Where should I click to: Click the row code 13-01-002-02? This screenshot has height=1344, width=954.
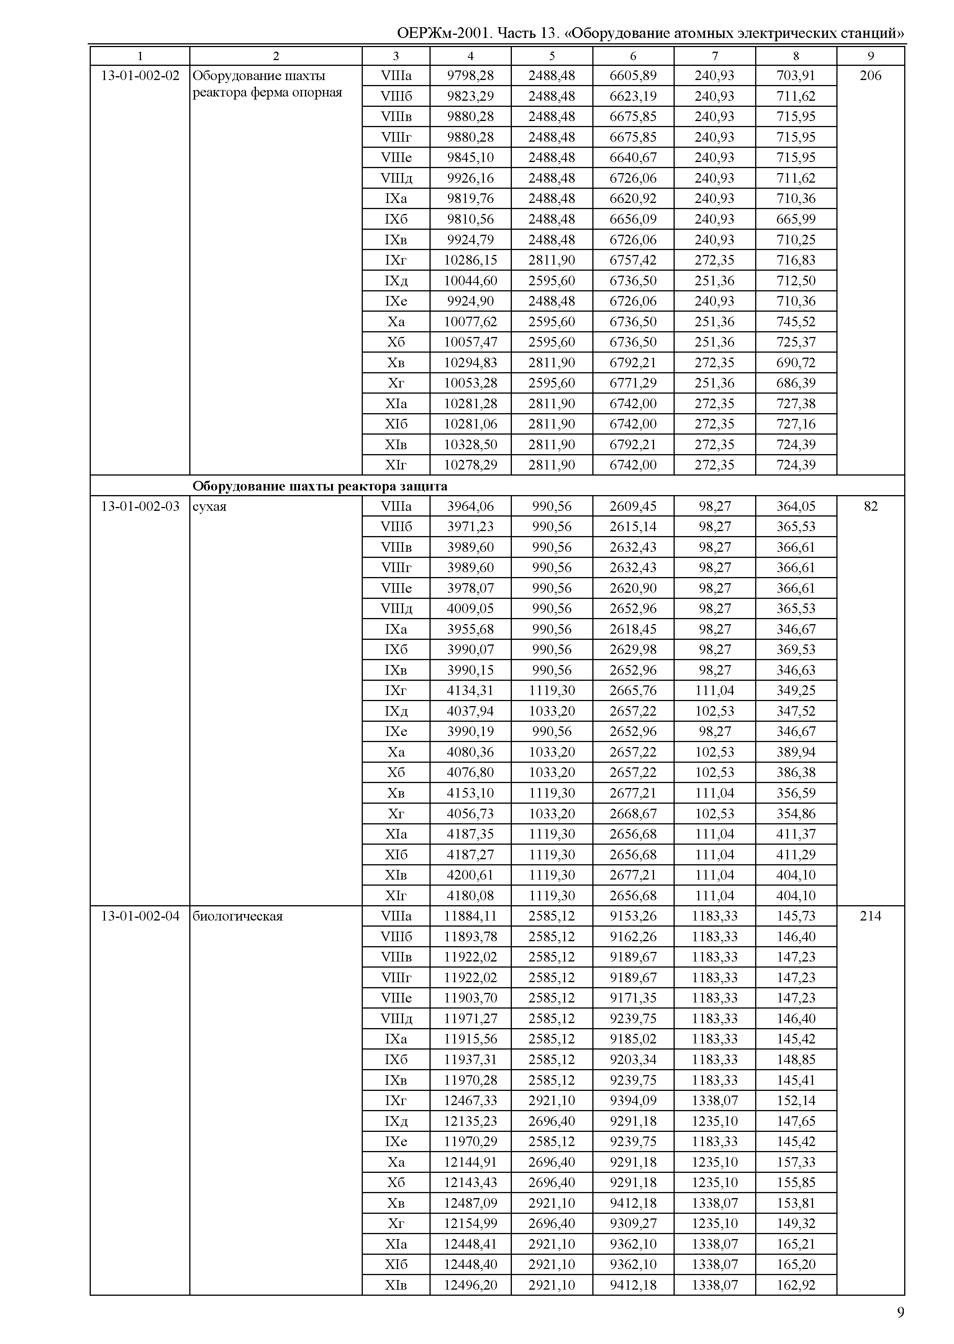[140, 76]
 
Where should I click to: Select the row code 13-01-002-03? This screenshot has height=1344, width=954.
[140, 506]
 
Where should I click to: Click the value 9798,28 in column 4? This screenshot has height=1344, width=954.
[470, 76]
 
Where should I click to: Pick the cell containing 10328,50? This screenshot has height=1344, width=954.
[470, 445]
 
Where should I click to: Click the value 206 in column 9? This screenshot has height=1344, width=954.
[870, 76]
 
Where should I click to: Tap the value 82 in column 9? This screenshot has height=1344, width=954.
[870, 506]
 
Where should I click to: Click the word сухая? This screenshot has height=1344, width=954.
[210, 507]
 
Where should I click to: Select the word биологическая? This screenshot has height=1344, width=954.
[238, 917]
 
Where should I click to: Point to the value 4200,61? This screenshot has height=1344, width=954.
[470, 875]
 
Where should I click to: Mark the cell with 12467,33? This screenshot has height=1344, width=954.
[470, 1100]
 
